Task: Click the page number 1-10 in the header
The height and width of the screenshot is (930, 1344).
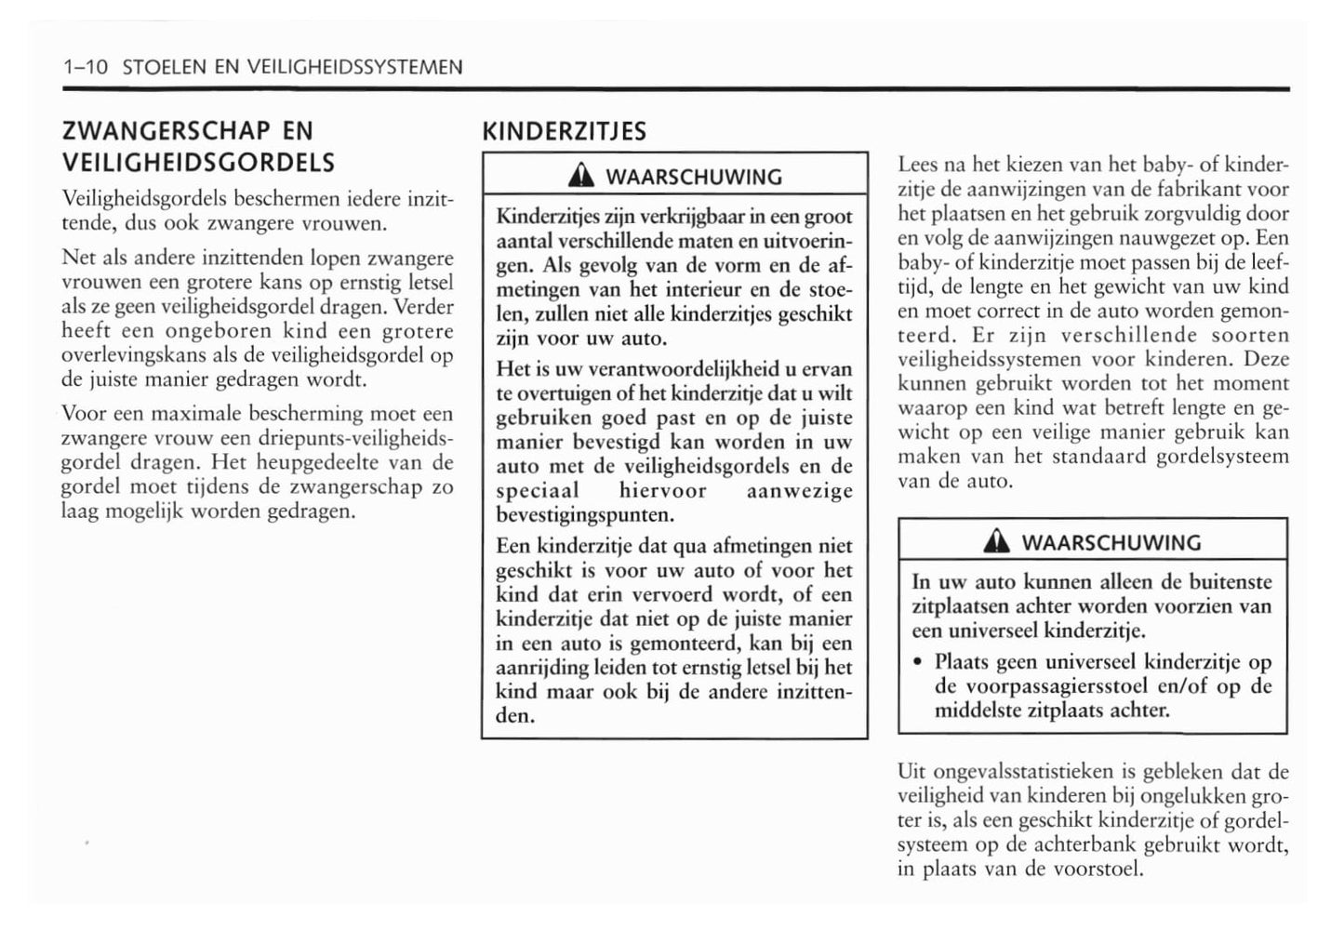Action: (x=86, y=67)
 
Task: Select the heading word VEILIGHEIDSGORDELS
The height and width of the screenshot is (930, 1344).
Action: (x=198, y=163)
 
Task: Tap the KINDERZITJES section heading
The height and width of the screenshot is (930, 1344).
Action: (x=564, y=131)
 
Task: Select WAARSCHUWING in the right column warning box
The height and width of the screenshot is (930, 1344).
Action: (x=1111, y=543)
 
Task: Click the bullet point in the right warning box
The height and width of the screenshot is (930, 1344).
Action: (x=917, y=663)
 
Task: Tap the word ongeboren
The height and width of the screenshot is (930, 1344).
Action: (x=217, y=331)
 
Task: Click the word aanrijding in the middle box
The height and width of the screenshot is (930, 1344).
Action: (x=541, y=668)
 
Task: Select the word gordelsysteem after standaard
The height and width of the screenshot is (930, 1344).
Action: (x=1223, y=457)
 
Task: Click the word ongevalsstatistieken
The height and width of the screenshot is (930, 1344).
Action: (x=1008, y=772)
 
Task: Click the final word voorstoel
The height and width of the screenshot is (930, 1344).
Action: (x=1104, y=870)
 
